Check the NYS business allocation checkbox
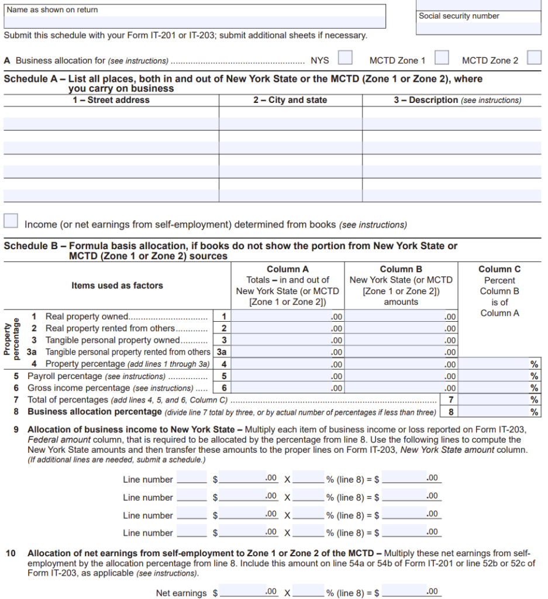click(346, 58)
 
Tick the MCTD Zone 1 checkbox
click(442, 58)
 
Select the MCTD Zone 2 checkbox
click(534, 58)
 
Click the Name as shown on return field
click(194, 22)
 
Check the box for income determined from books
click(11, 221)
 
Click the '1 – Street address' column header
click(111, 101)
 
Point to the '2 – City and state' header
click(290, 101)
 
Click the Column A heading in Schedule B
click(287, 270)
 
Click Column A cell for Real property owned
click(287, 316)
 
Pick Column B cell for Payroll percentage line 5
click(401, 376)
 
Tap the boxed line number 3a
click(222, 352)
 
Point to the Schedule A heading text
click(243, 79)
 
